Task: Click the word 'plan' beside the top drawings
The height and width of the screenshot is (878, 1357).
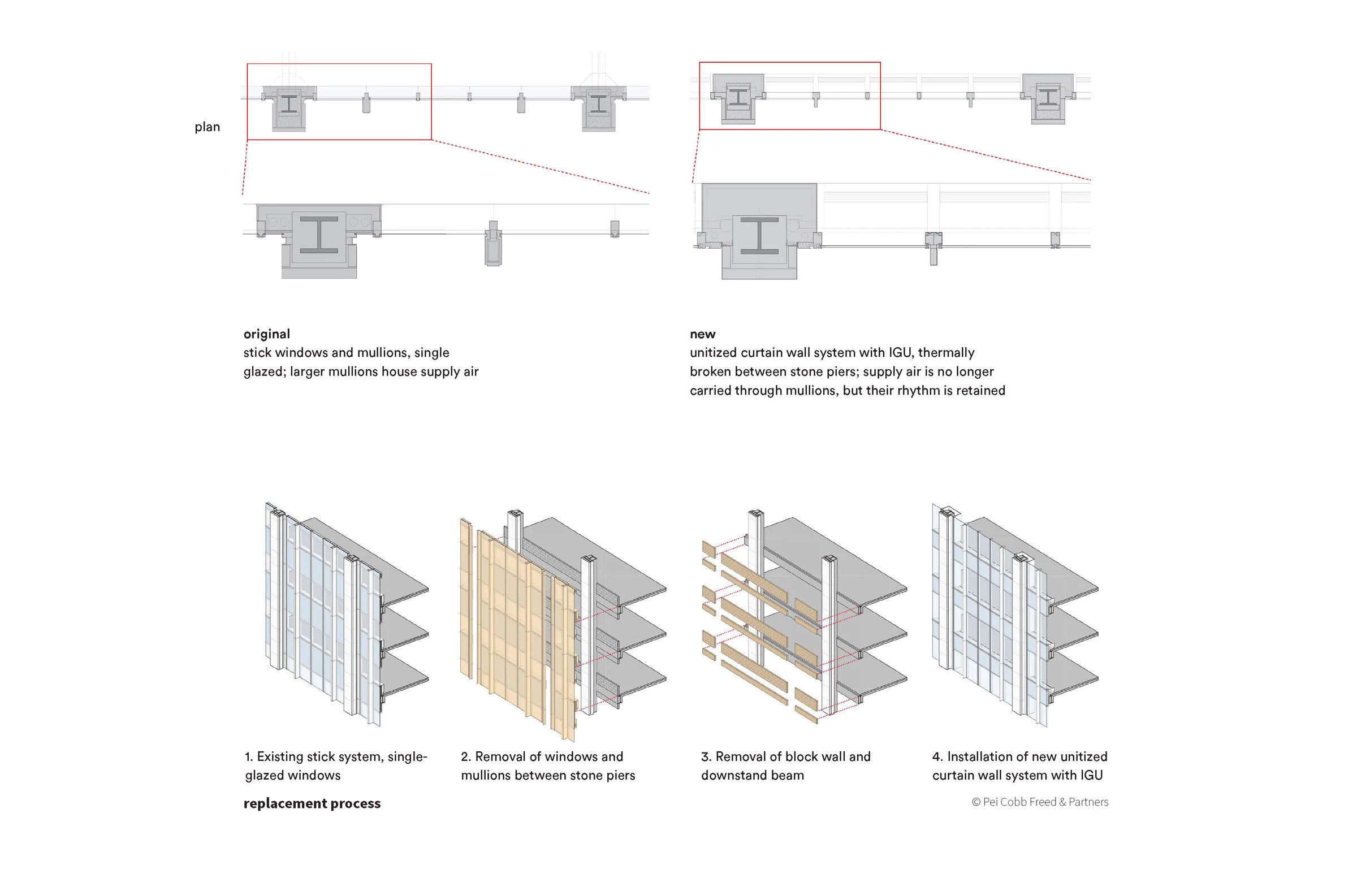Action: pos(207,127)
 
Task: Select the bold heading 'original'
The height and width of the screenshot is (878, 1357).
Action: pos(267,334)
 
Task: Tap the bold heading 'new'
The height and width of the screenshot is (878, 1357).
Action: pos(702,334)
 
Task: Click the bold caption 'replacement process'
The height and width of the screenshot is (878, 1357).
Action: pos(312,803)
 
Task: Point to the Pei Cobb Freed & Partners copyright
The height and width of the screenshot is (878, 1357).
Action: pos(1040,802)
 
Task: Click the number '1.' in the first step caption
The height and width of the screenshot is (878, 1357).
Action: pos(249,756)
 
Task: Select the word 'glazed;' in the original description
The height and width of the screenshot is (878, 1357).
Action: pos(265,372)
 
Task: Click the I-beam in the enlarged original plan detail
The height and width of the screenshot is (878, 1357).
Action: pos(319,235)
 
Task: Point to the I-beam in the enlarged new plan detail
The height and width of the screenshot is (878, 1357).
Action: pos(759,235)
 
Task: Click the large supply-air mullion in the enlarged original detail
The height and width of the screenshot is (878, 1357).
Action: pos(493,244)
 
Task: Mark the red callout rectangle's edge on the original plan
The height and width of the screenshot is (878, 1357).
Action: pos(339,64)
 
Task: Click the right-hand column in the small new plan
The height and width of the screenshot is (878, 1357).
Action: pos(1048,98)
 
